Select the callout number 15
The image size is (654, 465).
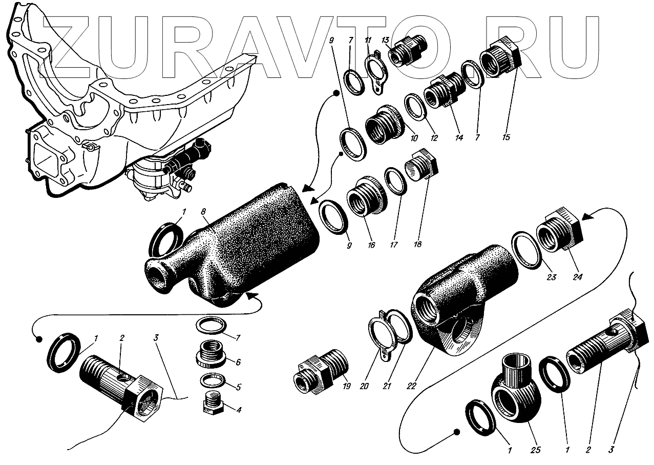click(x=507, y=137)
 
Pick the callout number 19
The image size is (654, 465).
click(x=346, y=387)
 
